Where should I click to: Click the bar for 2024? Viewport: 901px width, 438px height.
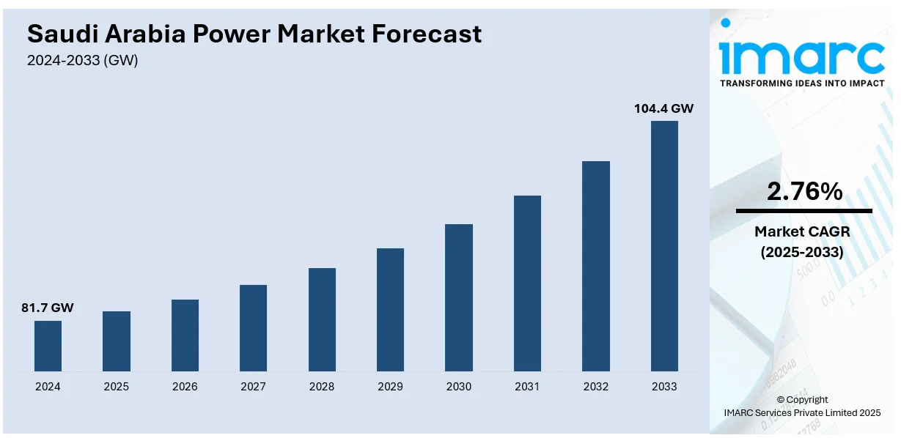48,346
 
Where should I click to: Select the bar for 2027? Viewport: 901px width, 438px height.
253,327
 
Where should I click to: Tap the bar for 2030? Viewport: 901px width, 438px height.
459,297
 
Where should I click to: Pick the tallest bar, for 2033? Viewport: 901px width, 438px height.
664,245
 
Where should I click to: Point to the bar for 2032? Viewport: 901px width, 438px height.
596,266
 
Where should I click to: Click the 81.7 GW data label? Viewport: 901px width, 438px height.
48,308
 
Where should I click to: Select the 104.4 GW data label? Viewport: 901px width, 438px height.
663,108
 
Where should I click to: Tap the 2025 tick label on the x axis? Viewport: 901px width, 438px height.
117,386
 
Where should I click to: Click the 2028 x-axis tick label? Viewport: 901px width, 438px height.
322,386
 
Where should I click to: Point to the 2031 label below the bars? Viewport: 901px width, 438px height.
527,386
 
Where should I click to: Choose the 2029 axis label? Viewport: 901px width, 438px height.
390,386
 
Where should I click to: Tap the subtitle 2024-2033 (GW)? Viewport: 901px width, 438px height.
83,61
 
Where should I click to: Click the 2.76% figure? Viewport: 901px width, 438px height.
804,192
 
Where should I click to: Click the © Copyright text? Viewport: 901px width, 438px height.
802,399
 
